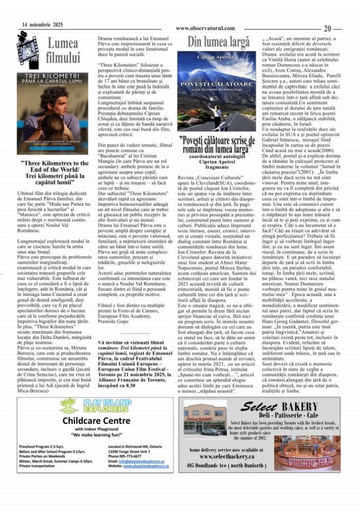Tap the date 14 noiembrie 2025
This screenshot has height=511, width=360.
pos(42,24)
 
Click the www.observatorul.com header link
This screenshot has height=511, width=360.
pos(205,28)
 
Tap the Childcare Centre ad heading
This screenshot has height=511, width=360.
pos(92,420)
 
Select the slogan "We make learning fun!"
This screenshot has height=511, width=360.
pos(92,434)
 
